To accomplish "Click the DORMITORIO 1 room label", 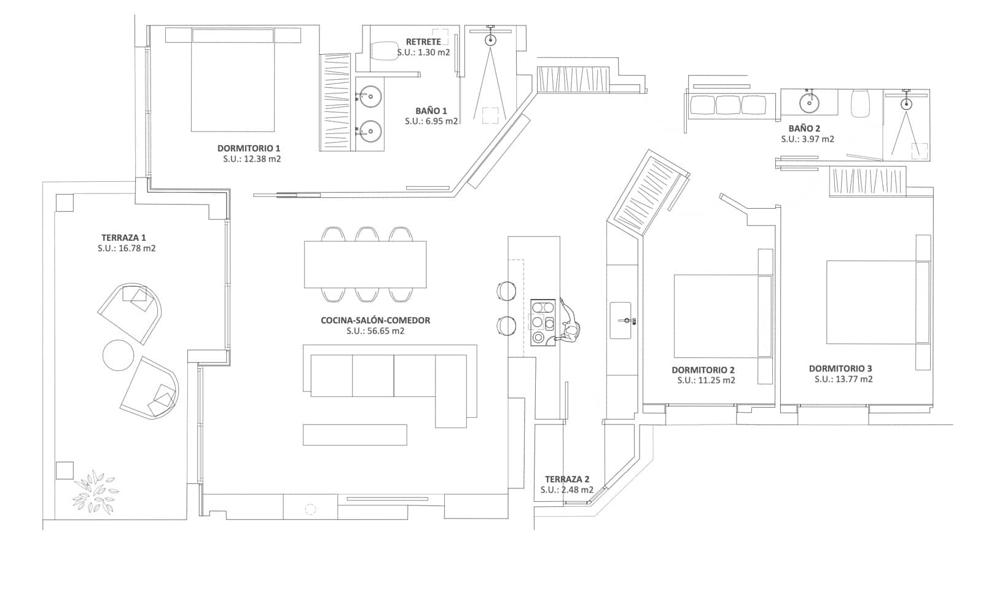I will click(x=248, y=148).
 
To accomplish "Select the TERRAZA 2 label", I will click(x=566, y=479).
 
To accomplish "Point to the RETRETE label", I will click(x=423, y=42).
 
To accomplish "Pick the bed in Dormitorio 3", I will click(x=871, y=302).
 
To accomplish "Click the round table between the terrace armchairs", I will click(x=117, y=354).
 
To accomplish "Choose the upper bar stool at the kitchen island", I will click(x=507, y=291).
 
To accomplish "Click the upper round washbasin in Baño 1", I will click(x=370, y=96).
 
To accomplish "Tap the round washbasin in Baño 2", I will click(x=809, y=102).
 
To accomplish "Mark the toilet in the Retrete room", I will click(x=385, y=50).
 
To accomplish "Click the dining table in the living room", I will click(x=365, y=264).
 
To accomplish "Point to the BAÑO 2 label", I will click(x=804, y=128).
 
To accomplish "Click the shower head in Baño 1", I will click(x=490, y=40).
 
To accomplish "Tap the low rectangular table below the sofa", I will click(x=354, y=434).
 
